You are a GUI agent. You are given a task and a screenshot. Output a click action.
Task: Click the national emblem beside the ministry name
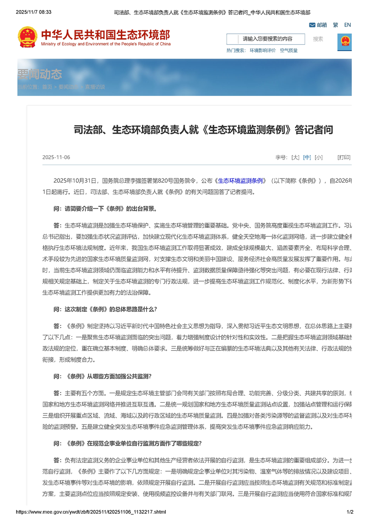point(27,36)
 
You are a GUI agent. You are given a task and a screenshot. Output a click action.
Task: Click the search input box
point(266,39)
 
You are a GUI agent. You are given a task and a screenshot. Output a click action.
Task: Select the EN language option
point(347,25)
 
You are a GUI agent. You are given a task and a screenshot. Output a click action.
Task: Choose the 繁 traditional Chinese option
point(335,25)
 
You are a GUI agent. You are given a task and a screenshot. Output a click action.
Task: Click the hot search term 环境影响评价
point(262,50)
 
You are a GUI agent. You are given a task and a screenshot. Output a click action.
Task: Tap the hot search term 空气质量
point(288,50)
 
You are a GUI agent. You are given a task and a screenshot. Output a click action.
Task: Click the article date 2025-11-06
point(56,158)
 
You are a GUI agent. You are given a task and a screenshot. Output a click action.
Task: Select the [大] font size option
point(295,158)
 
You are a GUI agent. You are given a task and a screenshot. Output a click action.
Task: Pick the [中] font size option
point(307,158)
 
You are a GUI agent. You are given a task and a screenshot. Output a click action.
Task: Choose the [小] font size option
point(318,158)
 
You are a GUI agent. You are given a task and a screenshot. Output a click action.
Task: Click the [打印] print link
point(344,158)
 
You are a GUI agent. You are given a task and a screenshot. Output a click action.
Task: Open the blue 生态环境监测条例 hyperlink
point(242,180)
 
